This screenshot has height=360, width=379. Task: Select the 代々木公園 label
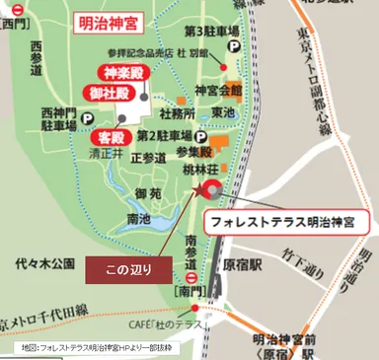click(45, 263)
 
